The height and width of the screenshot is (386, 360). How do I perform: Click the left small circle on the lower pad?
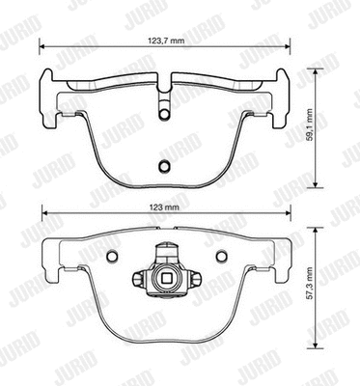pos(109,257)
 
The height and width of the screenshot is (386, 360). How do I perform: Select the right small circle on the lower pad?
pos(220,257)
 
